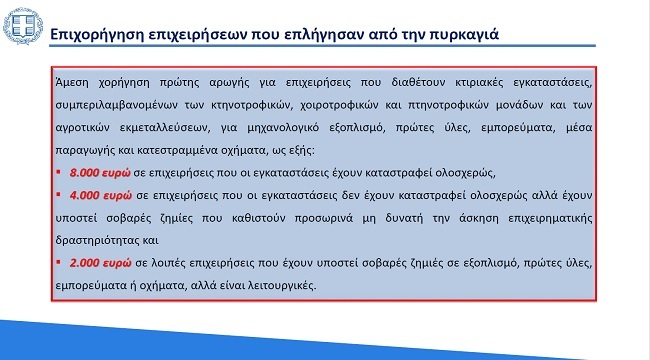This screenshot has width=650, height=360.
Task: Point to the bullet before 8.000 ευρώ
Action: point(59,172)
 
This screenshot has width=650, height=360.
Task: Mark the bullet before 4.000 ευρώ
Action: point(59,194)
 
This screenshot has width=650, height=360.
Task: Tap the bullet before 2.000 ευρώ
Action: point(59,262)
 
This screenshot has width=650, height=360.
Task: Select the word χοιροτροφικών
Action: point(342,104)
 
